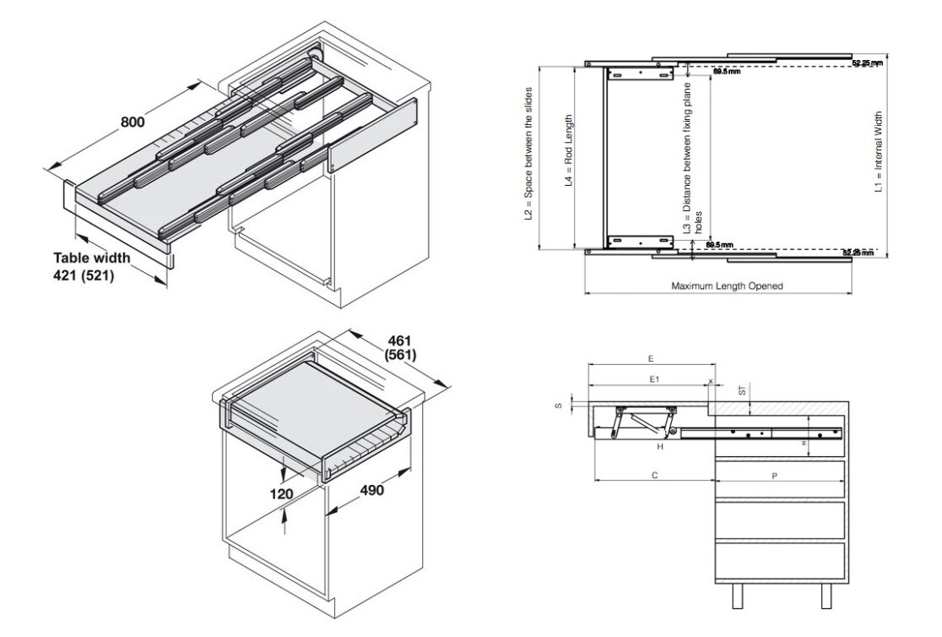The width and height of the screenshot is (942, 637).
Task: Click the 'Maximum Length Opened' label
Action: click(727, 286)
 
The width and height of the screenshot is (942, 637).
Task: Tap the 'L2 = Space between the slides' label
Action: click(528, 154)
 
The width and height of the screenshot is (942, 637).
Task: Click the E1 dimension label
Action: click(654, 381)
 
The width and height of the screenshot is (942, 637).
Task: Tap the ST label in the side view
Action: click(741, 390)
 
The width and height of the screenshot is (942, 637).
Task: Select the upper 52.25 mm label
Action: click(866, 63)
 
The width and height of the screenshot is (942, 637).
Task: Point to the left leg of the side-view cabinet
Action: click(737, 597)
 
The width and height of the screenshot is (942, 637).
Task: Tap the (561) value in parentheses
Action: click(398, 355)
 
